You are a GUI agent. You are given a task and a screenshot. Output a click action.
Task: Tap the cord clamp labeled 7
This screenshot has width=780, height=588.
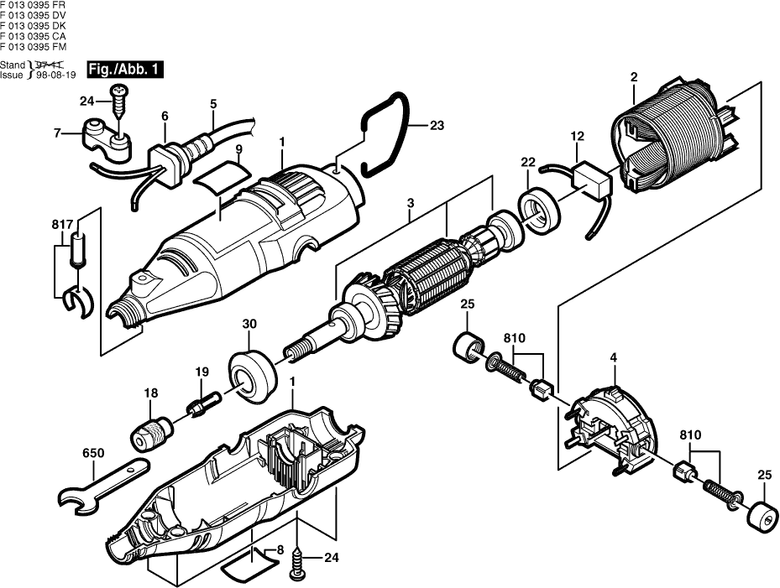[106, 139]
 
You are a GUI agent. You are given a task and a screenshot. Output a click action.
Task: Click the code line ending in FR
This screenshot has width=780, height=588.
[34, 5]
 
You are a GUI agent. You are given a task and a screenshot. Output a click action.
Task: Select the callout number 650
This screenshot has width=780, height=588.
[93, 453]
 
